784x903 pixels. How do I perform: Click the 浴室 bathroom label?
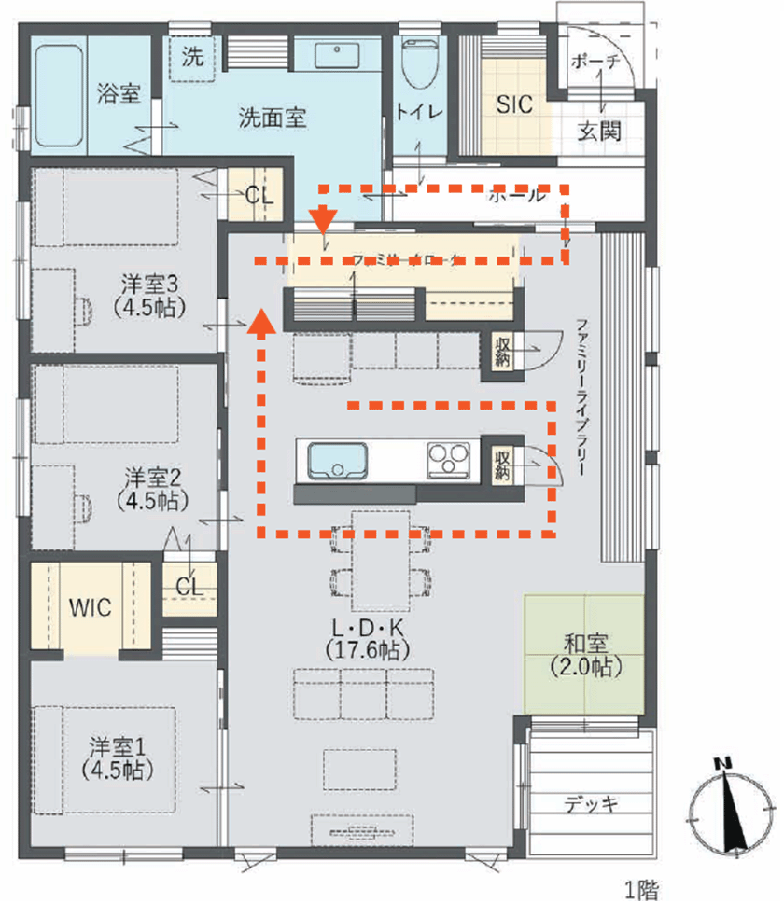pyautogui.click(x=119, y=93)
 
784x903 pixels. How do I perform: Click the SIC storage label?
pyautogui.click(x=514, y=104)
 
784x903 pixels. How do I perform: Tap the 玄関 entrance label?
pyautogui.click(x=598, y=132)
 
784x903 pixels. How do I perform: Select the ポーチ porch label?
pyautogui.click(x=595, y=63)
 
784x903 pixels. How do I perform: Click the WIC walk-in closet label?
pyautogui.click(x=91, y=607)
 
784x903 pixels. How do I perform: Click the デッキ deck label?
pyautogui.click(x=592, y=803)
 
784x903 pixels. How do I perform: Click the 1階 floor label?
pyautogui.click(x=641, y=889)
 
